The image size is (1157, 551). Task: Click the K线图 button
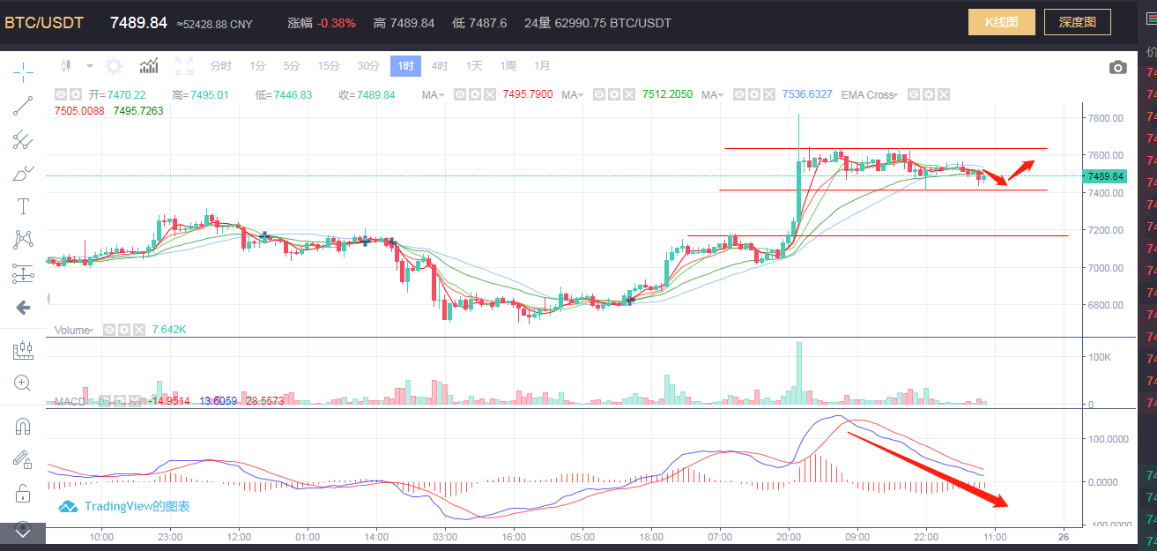1001,22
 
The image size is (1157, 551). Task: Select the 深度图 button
1077,22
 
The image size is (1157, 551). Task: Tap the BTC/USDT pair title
44,23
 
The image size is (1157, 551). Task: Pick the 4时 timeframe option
441,66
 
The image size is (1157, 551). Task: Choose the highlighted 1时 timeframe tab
406,66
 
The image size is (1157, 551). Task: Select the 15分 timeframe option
329,66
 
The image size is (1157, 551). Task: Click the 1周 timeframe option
508,66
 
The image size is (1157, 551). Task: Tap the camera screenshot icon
1117,67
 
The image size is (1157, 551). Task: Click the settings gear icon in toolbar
114,66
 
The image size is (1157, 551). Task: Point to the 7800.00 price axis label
1105,117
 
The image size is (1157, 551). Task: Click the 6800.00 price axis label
1105,305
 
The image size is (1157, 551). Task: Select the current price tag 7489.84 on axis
1105,176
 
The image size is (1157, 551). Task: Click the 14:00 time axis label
376,536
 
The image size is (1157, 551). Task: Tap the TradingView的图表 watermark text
137,507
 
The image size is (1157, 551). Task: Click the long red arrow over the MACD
925,468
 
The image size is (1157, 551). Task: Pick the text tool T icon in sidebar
23,206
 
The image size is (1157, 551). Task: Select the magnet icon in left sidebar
23,427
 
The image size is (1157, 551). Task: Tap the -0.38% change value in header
337,23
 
